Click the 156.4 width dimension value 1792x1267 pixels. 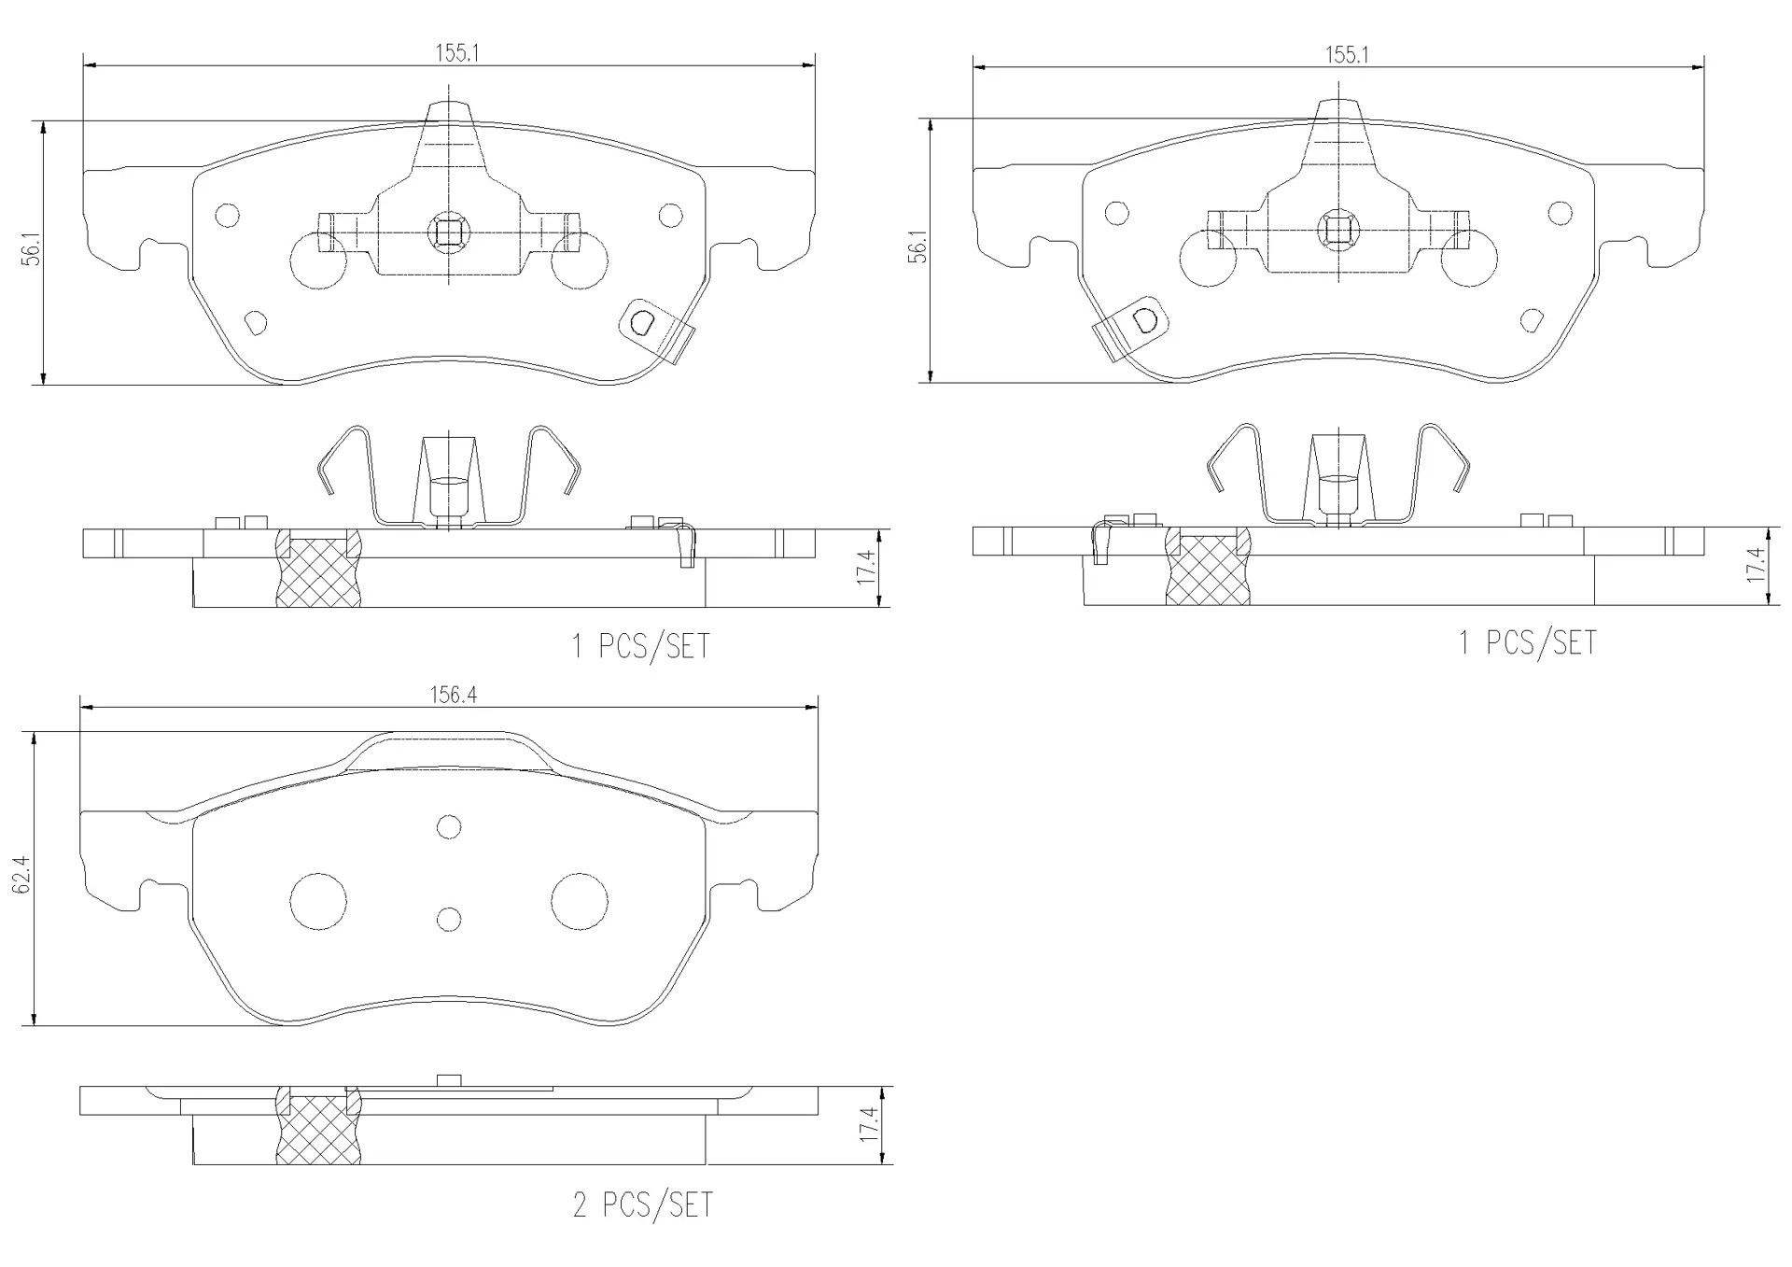[x=454, y=695]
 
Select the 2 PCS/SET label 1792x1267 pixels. [x=642, y=1204]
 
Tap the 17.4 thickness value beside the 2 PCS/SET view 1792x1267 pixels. [x=868, y=1126]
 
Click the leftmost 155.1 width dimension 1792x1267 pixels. [x=456, y=53]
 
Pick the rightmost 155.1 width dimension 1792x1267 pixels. [x=1347, y=55]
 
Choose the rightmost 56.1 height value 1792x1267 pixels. [x=919, y=246]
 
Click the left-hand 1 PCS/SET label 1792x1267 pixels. [x=640, y=646]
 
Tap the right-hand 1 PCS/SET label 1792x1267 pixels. [x=1528, y=642]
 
